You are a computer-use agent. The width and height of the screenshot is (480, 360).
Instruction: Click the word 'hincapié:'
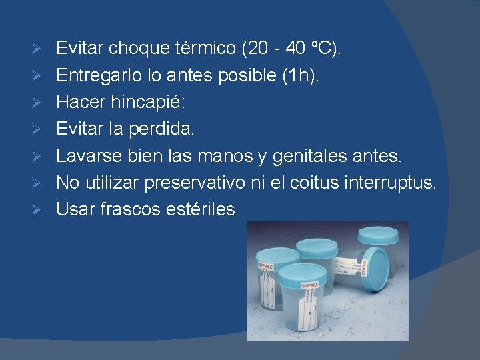pos(149,102)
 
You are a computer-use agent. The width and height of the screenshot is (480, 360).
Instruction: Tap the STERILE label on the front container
pos(310,285)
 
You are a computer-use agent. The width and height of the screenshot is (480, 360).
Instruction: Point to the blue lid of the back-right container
pos(378,235)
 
